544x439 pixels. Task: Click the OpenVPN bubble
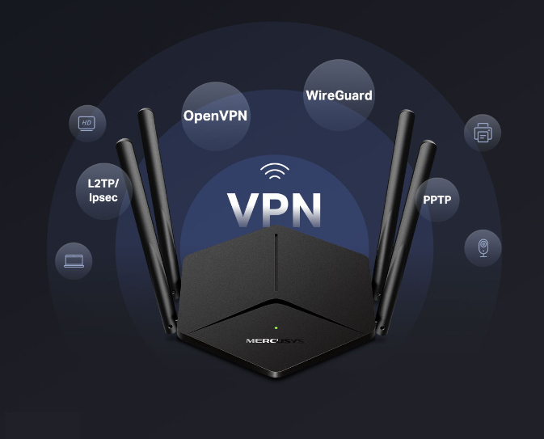point(215,115)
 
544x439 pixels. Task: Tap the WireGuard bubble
point(339,95)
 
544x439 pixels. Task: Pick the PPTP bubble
point(436,199)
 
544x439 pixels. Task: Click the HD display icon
point(86,123)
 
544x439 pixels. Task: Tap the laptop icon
point(74,260)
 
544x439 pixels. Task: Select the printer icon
point(483,132)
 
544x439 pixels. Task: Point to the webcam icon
point(483,247)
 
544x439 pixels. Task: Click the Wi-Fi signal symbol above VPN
point(274,171)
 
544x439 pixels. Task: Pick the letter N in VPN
point(306,209)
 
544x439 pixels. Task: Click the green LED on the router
point(276,327)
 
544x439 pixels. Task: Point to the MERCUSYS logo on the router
point(275,341)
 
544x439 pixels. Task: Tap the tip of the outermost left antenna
point(123,144)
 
